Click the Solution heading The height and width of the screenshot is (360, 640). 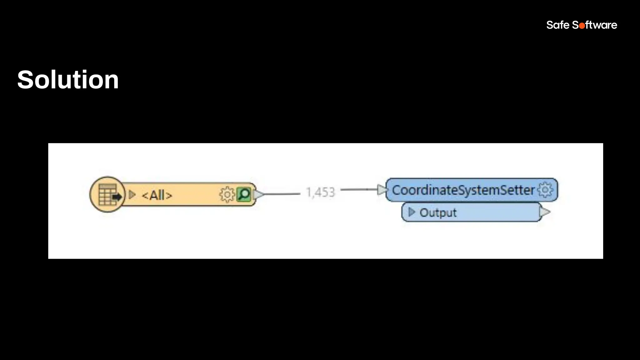[x=68, y=80]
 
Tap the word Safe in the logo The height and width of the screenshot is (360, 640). [x=557, y=25]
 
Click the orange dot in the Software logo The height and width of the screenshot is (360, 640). [x=582, y=26]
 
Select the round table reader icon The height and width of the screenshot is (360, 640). [x=107, y=194]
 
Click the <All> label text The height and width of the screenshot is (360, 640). [x=157, y=196]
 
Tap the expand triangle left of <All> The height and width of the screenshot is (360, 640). [x=132, y=195]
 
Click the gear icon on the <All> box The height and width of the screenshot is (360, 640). [x=227, y=195]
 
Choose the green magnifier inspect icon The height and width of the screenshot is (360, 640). [x=244, y=194]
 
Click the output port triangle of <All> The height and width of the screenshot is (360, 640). [x=258, y=194]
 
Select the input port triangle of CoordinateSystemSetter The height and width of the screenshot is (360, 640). [x=382, y=189]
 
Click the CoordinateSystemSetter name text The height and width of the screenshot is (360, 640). [x=463, y=190]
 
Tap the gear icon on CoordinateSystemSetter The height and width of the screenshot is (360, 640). [x=545, y=190]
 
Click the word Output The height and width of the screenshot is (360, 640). [x=438, y=213]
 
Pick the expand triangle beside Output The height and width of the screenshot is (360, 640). [x=412, y=212]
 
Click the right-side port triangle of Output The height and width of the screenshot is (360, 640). [x=544, y=212]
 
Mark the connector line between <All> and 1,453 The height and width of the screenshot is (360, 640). [x=281, y=194]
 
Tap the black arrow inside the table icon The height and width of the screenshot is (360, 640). [x=117, y=197]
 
